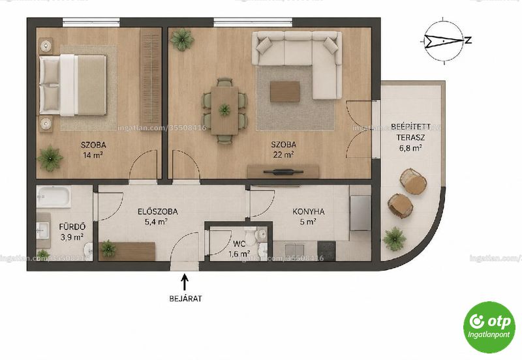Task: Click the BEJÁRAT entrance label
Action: pyautogui.click(x=185, y=299)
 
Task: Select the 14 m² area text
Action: pyautogui.click(x=93, y=155)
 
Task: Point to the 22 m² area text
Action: pyautogui.click(x=283, y=155)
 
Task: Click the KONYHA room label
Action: pyautogui.click(x=308, y=211)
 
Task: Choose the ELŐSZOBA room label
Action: pyautogui.click(x=157, y=211)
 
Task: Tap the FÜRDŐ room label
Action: pyautogui.click(x=72, y=226)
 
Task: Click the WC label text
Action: pyautogui.click(x=239, y=244)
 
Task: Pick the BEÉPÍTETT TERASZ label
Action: pyautogui.click(x=410, y=132)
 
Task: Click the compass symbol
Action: pyautogui.click(x=444, y=40)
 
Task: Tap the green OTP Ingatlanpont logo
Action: pyautogui.click(x=489, y=327)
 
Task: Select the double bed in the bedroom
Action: pyautogui.click(x=73, y=85)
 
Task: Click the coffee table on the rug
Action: pyautogui.click(x=285, y=91)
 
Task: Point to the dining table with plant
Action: pyautogui.click(x=224, y=110)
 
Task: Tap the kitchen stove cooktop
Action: pyautogui.click(x=327, y=250)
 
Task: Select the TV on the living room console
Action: pyautogui.click(x=283, y=172)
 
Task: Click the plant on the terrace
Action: pyautogui.click(x=395, y=238)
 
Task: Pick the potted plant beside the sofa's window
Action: pyautogui.click(x=182, y=39)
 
